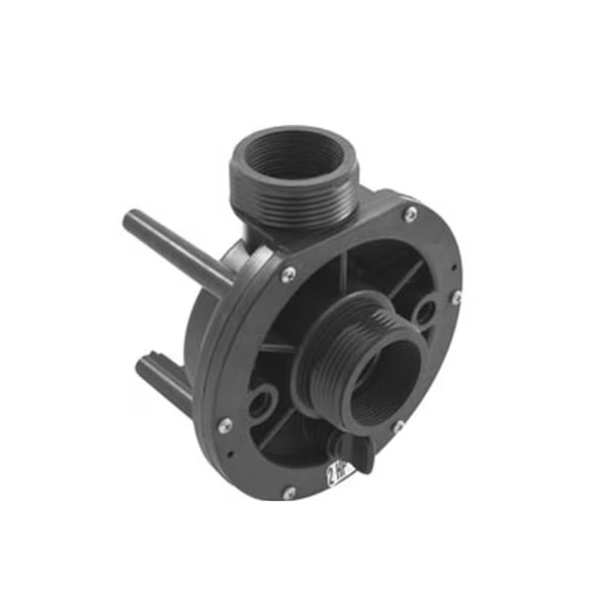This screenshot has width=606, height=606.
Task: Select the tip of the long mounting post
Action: tap(131, 219)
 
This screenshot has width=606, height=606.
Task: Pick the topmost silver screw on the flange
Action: tap(411, 211)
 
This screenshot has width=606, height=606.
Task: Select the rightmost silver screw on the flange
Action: tap(458, 296)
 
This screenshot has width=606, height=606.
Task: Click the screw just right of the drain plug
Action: tap(398, 426)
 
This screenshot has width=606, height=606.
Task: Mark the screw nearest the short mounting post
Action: tap(225, 424)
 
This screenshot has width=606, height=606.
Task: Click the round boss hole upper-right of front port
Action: tap(424, 311)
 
